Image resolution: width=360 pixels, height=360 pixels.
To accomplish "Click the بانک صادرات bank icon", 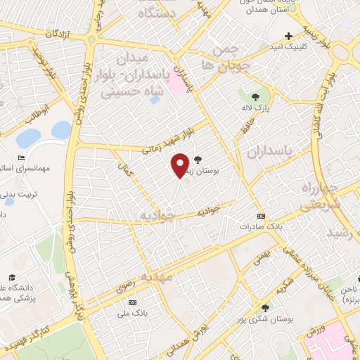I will (x=262, y=216).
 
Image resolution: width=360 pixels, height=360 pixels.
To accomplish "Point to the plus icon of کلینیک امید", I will (x=288, y=36).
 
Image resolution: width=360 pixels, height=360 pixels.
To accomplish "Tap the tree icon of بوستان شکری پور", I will (x=266, y=307).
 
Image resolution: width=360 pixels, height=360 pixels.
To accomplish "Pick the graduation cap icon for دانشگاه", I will (x=12, y=278).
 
